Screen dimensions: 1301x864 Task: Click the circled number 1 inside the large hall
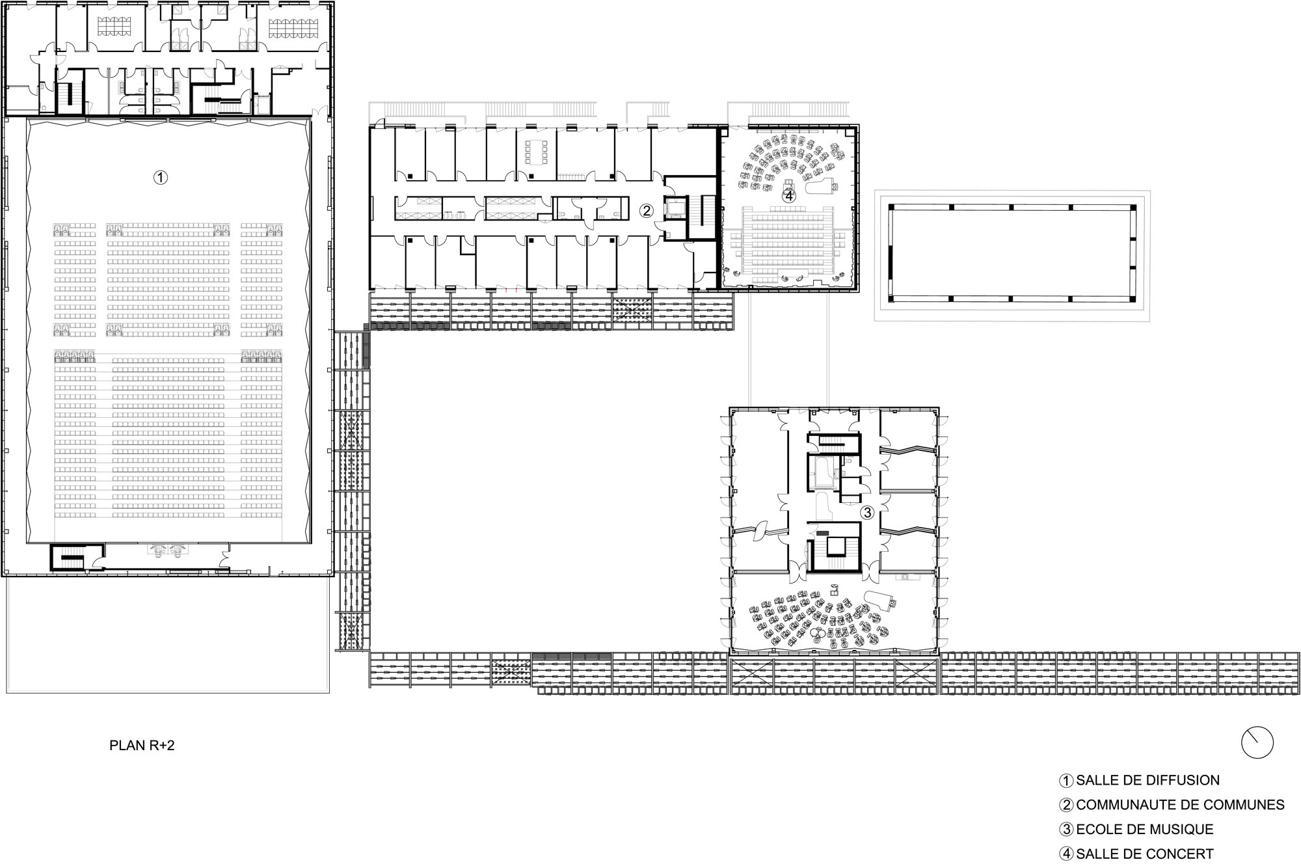(160, 177)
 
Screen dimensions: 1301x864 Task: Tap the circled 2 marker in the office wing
(646, 210)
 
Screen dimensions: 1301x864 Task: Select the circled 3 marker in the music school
(867, 513)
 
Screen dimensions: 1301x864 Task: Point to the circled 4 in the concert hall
(788, 195)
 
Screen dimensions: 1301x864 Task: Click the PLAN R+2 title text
(142, 746)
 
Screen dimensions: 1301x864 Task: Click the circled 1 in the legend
(1067, 780)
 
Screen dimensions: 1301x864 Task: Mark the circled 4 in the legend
(1067, 854)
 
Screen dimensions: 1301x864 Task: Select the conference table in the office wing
(537, 154)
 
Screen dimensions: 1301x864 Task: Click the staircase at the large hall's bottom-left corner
(68, 557)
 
